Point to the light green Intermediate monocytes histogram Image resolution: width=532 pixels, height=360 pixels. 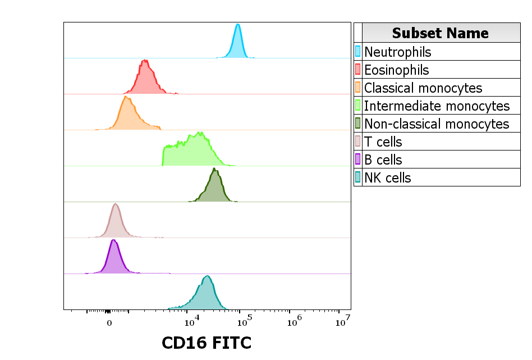click(x=194, y=152)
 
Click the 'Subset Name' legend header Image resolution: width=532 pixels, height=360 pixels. click(x=441, y=33)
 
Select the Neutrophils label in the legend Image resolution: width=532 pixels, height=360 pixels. click(x=398, y=52)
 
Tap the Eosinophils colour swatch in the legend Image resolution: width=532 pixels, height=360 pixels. click(x=358, y=70)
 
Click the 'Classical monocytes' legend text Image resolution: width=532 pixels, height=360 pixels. click(x=423, y=88)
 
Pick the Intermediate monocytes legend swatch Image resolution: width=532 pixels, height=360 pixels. click(x=358, y=106)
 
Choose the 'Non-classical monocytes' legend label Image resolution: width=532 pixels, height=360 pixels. click(x=437, y=124)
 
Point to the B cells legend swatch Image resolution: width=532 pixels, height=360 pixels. click(x=358, y=160)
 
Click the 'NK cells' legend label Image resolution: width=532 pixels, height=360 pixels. click(x=388, y=178)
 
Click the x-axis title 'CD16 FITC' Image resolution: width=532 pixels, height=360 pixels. click(x=207, y=343)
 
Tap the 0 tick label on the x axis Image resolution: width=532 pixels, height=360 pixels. click(x=109, y=323)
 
